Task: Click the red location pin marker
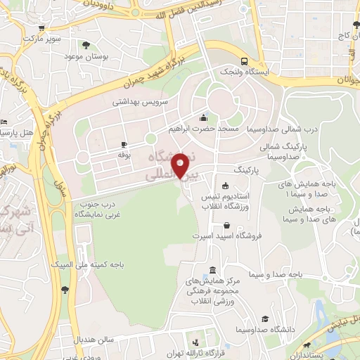181,165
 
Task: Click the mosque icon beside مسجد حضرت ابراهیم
204,117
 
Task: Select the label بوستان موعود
85,56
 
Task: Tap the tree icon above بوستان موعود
86,45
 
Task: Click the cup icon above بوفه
124,143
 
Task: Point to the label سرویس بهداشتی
141,101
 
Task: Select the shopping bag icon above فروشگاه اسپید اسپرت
226,226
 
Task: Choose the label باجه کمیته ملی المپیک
83,265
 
